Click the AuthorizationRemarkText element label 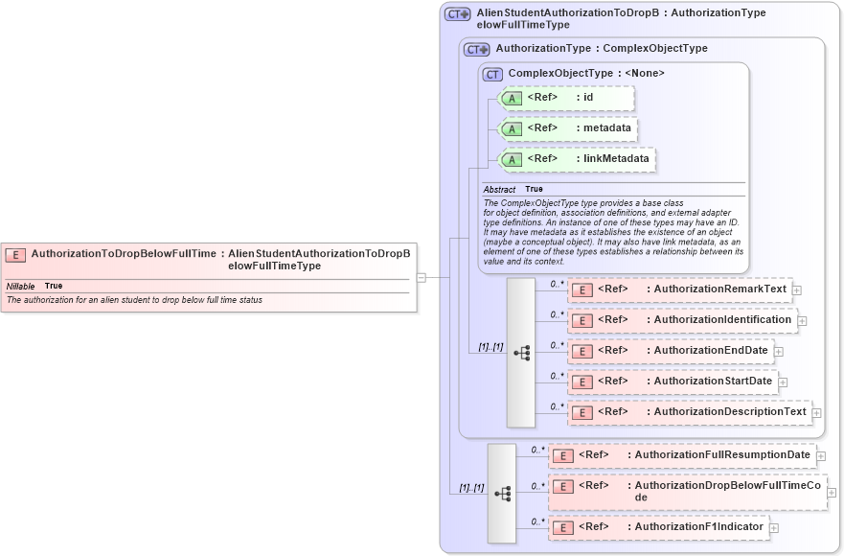719,289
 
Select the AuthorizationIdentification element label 722,319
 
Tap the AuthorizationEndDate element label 711,350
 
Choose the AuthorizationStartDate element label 713,381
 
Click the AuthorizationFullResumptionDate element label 722,453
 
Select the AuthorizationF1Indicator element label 698,526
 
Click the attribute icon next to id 513,98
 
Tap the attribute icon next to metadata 513,128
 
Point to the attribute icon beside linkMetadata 513,159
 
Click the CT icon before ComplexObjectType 492,74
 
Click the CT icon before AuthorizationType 476,48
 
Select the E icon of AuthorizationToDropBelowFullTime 15,254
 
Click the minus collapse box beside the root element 421,277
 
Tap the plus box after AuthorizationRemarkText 796,290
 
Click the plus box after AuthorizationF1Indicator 774,527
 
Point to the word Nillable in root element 21,286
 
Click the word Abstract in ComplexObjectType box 499,190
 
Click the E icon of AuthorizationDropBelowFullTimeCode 564,486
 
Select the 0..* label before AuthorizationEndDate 557,345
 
